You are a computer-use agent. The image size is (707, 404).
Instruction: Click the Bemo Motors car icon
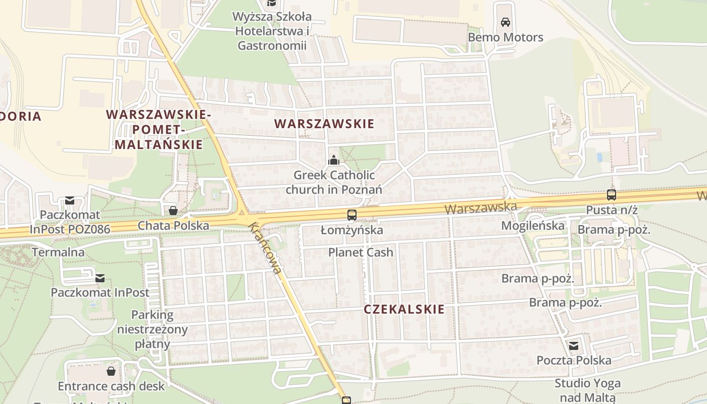505,22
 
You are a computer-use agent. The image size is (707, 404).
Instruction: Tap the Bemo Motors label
506,37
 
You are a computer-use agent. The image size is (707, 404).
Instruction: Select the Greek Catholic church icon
333,161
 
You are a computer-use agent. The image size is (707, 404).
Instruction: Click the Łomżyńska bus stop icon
352,215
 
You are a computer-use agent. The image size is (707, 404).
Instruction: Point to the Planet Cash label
361,252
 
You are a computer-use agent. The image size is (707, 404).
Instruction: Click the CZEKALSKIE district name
405,309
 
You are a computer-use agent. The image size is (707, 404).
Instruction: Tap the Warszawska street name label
481,208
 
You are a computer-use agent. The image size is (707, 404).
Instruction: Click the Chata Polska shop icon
173,211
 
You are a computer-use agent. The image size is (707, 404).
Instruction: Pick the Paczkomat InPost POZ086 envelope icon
70,201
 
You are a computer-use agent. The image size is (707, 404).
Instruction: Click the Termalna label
59,252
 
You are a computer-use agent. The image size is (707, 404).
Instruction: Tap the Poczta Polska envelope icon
574,346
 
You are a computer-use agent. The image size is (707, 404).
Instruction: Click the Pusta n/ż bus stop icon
611,195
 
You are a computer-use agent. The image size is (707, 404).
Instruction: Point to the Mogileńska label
533,226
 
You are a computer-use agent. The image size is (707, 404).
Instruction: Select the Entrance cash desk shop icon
111,372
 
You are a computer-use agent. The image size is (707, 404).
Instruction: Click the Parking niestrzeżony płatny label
152,330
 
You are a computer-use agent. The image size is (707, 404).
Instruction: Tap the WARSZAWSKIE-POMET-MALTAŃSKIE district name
159,130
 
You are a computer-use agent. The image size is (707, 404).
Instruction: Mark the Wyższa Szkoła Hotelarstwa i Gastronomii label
272,31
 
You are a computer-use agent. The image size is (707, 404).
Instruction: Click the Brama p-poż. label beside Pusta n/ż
614,230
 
